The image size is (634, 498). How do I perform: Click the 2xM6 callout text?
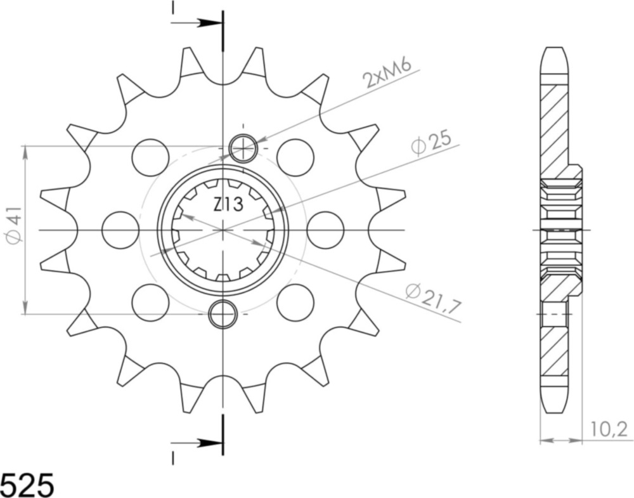point(387,74)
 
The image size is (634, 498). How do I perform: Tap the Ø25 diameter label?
point(431,143)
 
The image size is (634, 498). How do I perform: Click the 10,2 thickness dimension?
point(609,429)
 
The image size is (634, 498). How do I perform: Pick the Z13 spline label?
point(228,205)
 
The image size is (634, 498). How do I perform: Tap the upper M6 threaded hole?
point(243,148)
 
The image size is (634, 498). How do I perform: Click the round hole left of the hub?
point(120,230)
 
